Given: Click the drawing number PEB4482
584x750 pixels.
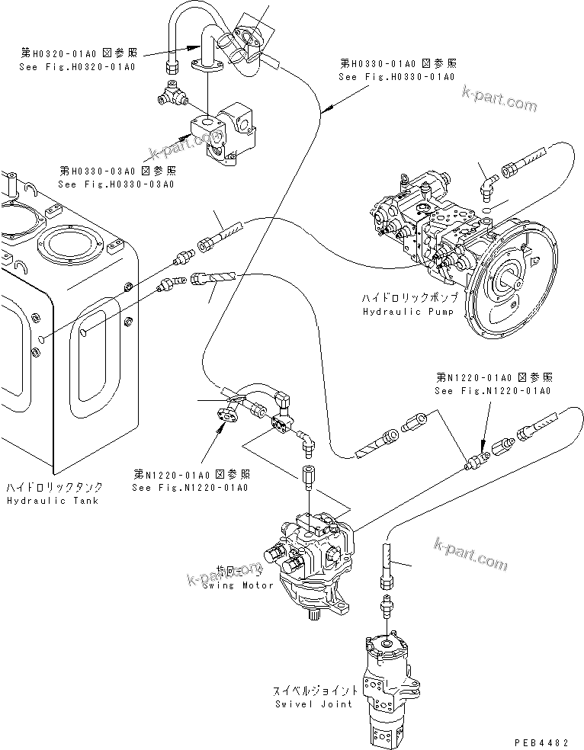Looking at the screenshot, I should pos(547,740).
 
